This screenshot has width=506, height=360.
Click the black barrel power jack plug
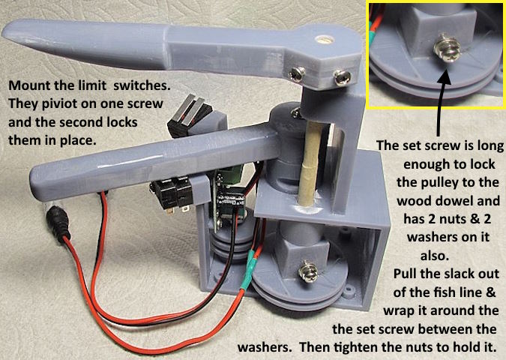point(58,224)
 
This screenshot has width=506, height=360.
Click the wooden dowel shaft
point(310,165)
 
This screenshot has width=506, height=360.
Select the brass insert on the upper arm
point(325,40)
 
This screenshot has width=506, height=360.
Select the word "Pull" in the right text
point(406,274)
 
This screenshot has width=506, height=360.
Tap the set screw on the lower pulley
point(309,271)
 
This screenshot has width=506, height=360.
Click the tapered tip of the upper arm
point(9,32)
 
